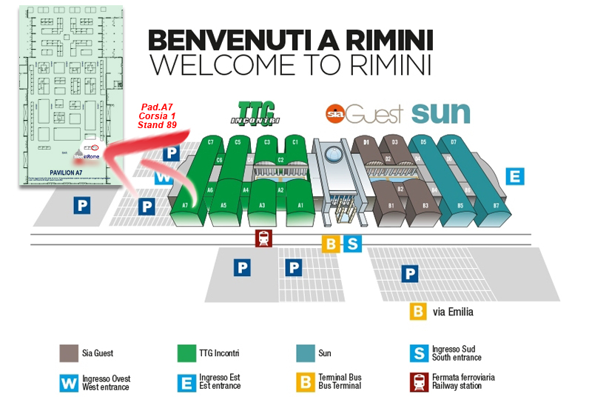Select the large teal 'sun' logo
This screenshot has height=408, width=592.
tap(441, 113)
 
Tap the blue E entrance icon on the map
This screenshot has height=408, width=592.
tap(515, 176)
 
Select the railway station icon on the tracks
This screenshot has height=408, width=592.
tap(263, 238)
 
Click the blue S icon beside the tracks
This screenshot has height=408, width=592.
tap(353, 244)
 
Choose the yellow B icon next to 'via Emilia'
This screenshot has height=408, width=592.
tap(418, 311)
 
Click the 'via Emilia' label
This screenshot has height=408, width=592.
tap(454, 312)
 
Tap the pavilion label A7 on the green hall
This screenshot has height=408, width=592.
tap(185, 204)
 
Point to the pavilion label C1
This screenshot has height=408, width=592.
tap(295, 141)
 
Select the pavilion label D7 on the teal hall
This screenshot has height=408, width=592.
tap(454, 141)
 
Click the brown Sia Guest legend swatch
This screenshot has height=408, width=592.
tap(69, 354)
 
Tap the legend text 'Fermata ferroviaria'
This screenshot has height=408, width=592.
tap(464, 378)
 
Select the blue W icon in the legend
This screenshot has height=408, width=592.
tap(69, 382)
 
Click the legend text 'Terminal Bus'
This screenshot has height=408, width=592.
tap(340, 378)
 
